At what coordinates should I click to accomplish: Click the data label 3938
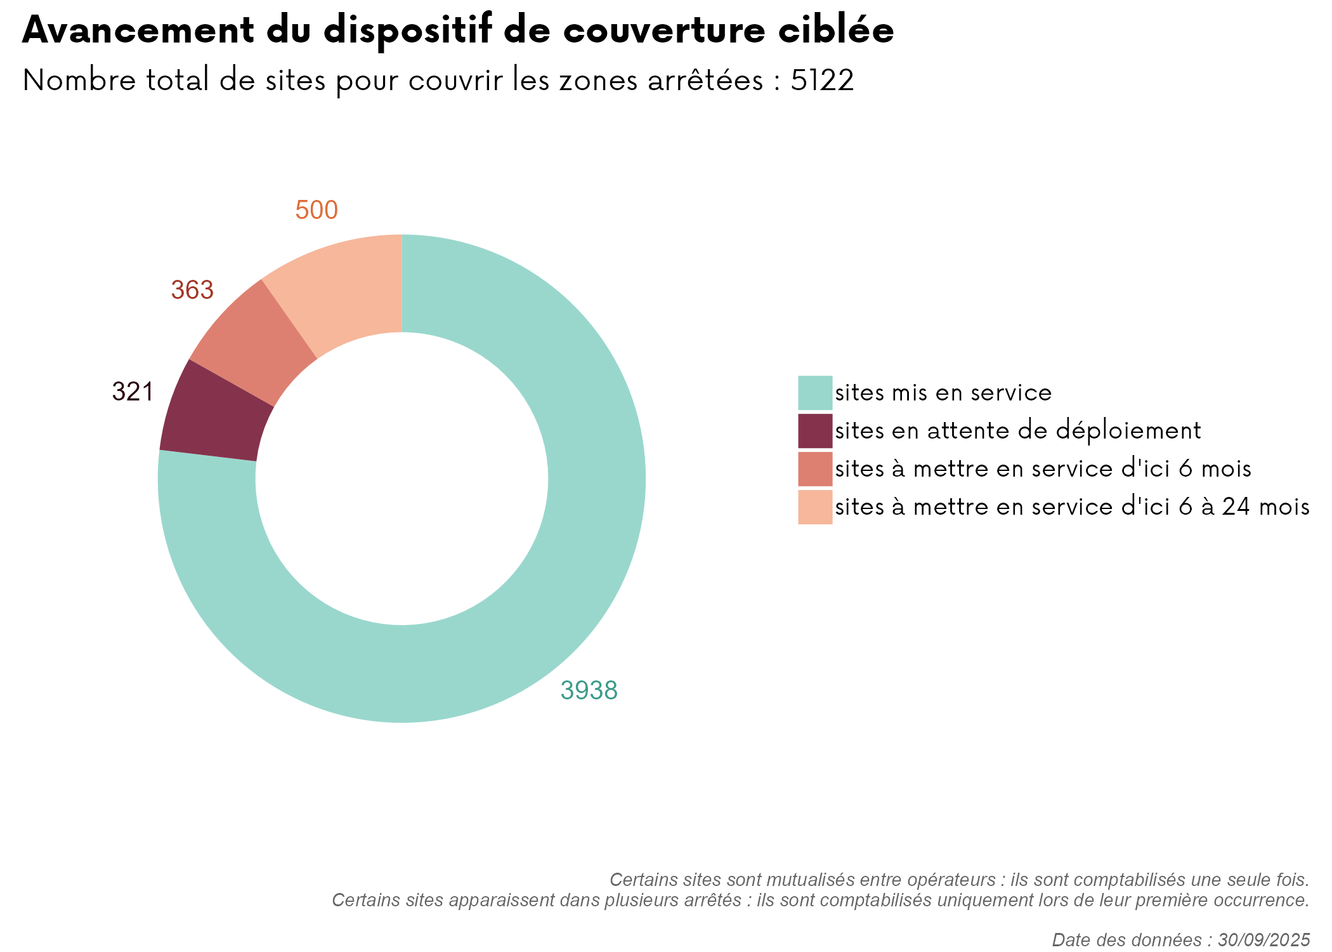[589, 691]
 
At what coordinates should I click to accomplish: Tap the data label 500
[317, 210]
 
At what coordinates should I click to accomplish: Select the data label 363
[192, 290]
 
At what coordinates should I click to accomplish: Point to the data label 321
[133, 392]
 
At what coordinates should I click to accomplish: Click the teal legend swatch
[814, 393]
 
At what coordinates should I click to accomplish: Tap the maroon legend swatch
[814, 431]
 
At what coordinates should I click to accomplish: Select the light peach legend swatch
[814, 507]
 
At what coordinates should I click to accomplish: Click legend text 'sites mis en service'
[943, 393]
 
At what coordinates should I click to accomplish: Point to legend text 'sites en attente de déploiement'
[1017, 431]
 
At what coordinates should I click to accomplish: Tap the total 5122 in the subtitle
[822, 81]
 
